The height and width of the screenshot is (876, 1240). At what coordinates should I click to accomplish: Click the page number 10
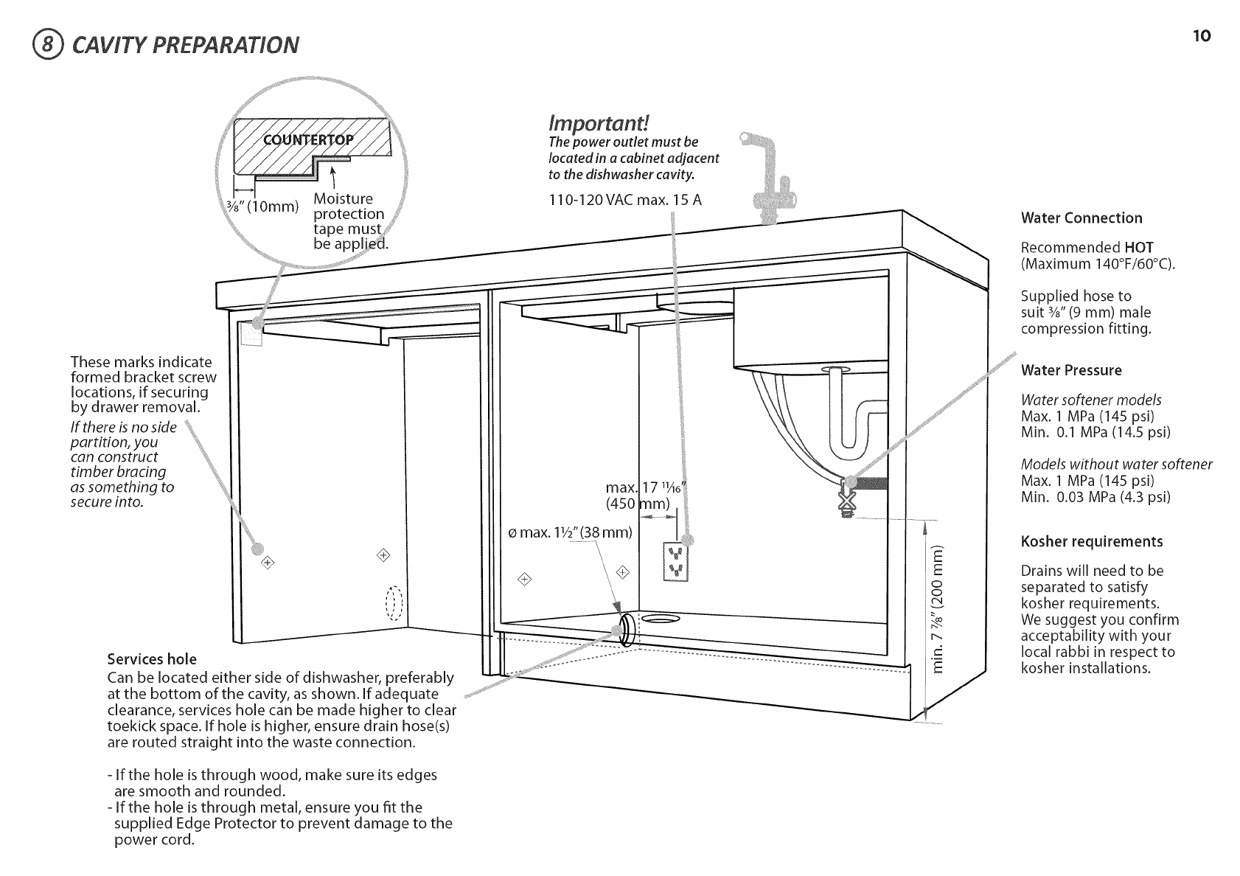click(1201, 36)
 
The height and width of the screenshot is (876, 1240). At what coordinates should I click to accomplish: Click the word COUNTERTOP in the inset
click(309, 141)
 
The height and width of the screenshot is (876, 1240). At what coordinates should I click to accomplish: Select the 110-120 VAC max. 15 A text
click(624, 200)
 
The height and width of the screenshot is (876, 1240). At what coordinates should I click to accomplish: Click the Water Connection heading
click(1081, 218)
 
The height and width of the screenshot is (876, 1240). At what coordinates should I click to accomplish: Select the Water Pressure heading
click(1070, 370)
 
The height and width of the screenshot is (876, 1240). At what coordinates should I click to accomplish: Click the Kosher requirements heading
click(1091, 542)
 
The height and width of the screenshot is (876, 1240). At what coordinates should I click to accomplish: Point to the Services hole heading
click(152, 658)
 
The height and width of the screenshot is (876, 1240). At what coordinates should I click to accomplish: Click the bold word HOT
click(1138, 248)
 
